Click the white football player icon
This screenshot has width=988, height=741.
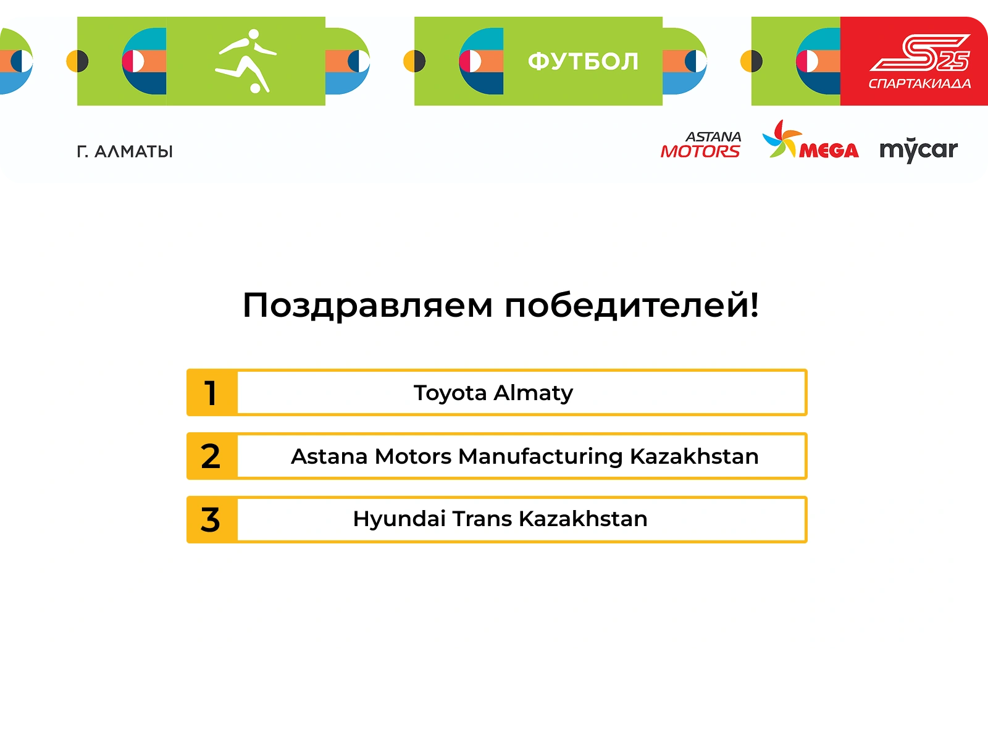click(246, 61)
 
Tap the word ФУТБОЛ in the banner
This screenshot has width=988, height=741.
click(583, 61)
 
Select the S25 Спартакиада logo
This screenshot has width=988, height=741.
click(919, 62)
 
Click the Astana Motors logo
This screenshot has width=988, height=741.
click(701, 145)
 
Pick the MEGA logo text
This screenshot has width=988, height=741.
click(829, 150)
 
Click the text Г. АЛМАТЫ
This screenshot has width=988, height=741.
click(125, 152)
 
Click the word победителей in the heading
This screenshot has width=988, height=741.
click(631, 305)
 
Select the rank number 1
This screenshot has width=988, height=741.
click(210, 393)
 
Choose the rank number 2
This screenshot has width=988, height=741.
click(210, 456)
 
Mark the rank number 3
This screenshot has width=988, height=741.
click(210, 520)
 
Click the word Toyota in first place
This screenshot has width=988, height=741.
click(450, 393)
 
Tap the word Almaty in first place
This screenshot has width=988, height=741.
click(534, 393)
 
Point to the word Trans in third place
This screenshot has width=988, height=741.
click(482, 519)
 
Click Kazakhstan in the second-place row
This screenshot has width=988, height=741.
click(694, 456)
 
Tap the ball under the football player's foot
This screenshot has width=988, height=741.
click(255, 88)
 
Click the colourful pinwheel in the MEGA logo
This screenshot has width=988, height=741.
click(782, 138)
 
